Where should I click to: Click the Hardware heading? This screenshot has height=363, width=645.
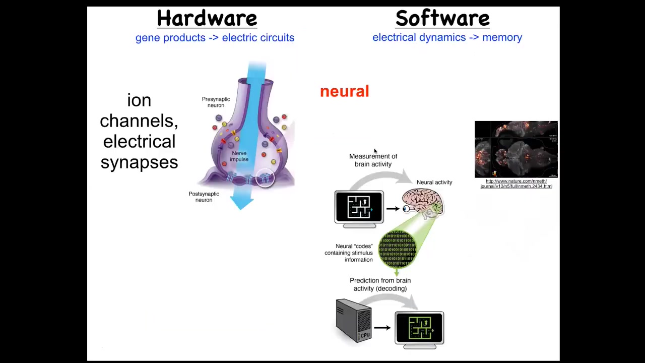click(x=207, y=19)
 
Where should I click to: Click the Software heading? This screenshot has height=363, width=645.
click(x=442, y=19)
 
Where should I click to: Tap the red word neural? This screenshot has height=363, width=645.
click(x=345, y=91)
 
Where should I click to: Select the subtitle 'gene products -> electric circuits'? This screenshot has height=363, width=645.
click(x=215, y=38)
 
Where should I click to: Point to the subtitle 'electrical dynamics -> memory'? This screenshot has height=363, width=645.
click(x=447, y=37)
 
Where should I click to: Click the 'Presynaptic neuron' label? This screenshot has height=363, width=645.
click(x=216, y=102)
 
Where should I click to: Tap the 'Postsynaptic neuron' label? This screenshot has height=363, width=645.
click(x=204, y=197)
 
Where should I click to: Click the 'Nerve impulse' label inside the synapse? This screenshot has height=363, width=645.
click(x=239, y=156)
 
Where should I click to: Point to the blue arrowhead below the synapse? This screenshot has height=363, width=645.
click(x=242, y=203)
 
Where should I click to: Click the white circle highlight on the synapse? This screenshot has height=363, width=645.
click(x=265, y=177)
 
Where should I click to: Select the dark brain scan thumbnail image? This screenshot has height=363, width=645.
click(x=516, y=149)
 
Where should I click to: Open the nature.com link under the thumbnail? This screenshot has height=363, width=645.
click(x=516, y=184)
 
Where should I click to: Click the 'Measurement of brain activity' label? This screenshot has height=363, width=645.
click(x=373, y=160)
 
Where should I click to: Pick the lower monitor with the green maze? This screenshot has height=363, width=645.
click(x=419, y=328)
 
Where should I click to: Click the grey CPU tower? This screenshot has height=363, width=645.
click(x=353, y=320)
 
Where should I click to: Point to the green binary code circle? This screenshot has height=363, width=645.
click(x=397, y=248)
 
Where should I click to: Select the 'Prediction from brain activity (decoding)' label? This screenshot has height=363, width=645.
click(x=380, y=284)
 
